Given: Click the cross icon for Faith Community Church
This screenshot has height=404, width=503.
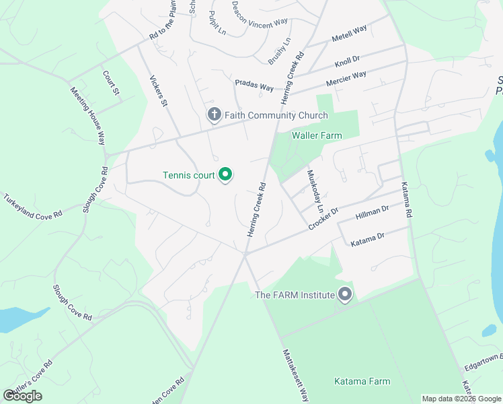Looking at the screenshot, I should (214, 115).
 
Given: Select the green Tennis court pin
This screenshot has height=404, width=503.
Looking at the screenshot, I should (226, 175).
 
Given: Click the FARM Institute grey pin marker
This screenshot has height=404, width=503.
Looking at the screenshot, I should (346, 295).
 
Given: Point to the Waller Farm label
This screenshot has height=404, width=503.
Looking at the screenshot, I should (316, 135).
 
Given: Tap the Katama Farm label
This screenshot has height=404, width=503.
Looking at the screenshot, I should (362, 381).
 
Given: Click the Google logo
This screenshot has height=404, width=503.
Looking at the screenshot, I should (22, 395).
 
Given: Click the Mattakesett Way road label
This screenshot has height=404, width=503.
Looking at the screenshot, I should (295, 374).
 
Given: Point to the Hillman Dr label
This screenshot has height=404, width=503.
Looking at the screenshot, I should (372, 213).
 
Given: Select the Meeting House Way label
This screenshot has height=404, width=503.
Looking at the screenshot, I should (87, 114).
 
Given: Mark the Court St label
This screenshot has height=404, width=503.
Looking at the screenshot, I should (111, 82).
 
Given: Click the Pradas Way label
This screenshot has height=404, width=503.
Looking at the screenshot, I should (254, 86).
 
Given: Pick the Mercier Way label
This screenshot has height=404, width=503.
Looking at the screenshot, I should (346, 79).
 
